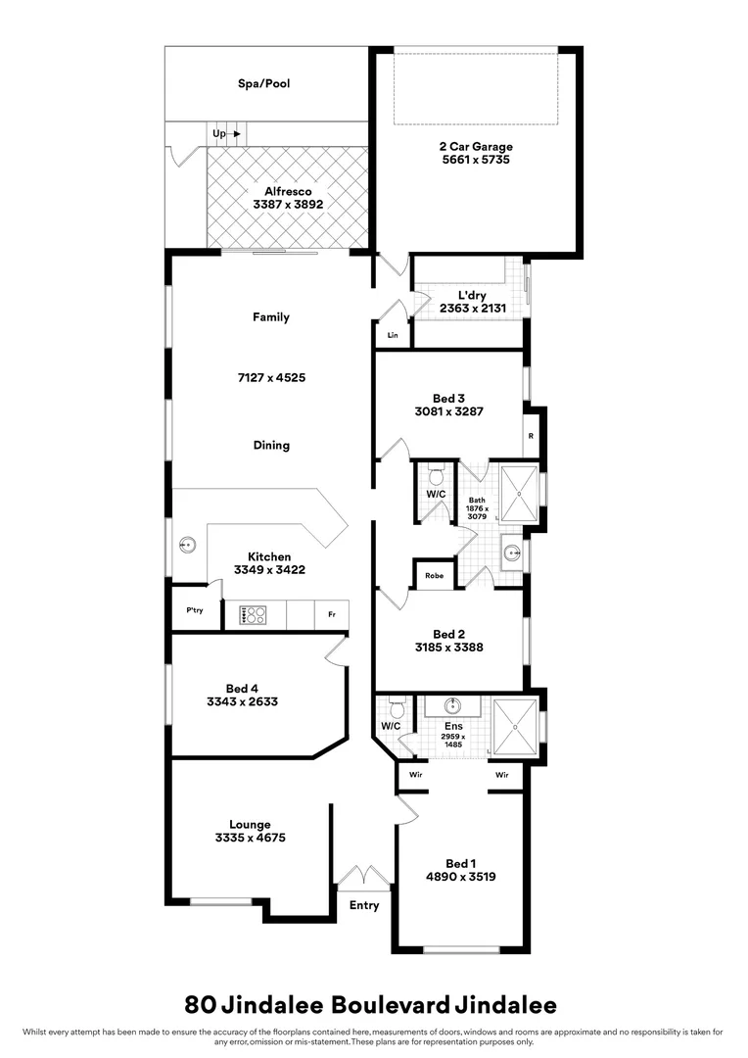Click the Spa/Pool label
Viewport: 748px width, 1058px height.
[x=264, y=84]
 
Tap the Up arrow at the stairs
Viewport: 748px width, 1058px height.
[x=226, y=133]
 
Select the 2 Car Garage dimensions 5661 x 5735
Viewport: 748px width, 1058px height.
[x=475, y=159]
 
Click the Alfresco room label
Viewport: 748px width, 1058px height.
[x=288, y=192]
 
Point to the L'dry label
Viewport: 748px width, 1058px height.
[x=472, y=295]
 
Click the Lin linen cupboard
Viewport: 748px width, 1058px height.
[x=393, y=335]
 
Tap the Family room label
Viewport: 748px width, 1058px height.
[x=271, y=317]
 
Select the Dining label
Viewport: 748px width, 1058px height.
[x=271, y=445]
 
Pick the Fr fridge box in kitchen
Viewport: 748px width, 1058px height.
[x=332, y=614]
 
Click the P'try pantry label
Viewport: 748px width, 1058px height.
[x=194, y=609]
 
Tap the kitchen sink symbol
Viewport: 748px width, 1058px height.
[x=184, y=544]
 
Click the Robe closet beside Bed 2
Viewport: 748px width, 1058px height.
[x=434, y=576]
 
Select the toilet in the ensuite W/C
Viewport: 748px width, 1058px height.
[x=397, y=708]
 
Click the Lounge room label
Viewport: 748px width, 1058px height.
[x=250, y=825]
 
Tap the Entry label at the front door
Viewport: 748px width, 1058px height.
[x=363, y=905]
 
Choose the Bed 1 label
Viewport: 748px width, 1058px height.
[x=460, y=863]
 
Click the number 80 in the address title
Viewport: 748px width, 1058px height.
[x=201, y=1004]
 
